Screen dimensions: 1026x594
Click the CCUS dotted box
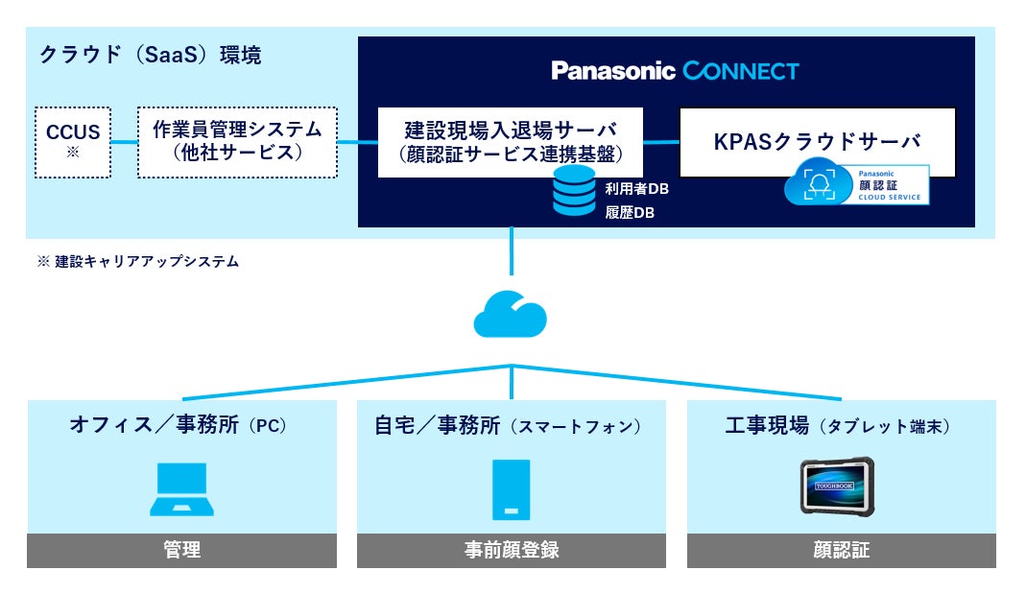point(73,142)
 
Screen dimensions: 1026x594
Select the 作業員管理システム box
point(237,142)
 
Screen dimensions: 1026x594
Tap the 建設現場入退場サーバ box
point(511,142)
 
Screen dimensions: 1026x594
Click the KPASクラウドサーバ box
point(818,142)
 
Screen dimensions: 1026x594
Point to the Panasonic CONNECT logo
point(676,71)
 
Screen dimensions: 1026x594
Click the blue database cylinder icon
point(574,190)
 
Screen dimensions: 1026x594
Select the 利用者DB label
point(636,189)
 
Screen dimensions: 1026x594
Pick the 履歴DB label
point(630,213)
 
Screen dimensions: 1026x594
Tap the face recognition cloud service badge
point(856,184)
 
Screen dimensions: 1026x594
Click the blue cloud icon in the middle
point(511,314)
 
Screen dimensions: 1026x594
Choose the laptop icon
point(182,489)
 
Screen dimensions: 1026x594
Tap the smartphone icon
point(511,489)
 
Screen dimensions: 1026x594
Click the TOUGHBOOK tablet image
point(838,487)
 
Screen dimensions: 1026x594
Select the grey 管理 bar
point(182,550)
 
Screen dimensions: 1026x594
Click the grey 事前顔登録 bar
point(511,550)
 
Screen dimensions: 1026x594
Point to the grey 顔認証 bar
point(842,550)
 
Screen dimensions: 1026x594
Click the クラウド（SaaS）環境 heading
point(150,55)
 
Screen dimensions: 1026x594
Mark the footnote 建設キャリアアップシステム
point(147,262)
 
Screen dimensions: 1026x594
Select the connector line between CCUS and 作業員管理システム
point(125,142)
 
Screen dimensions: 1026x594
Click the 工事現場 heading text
point(768,425)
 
